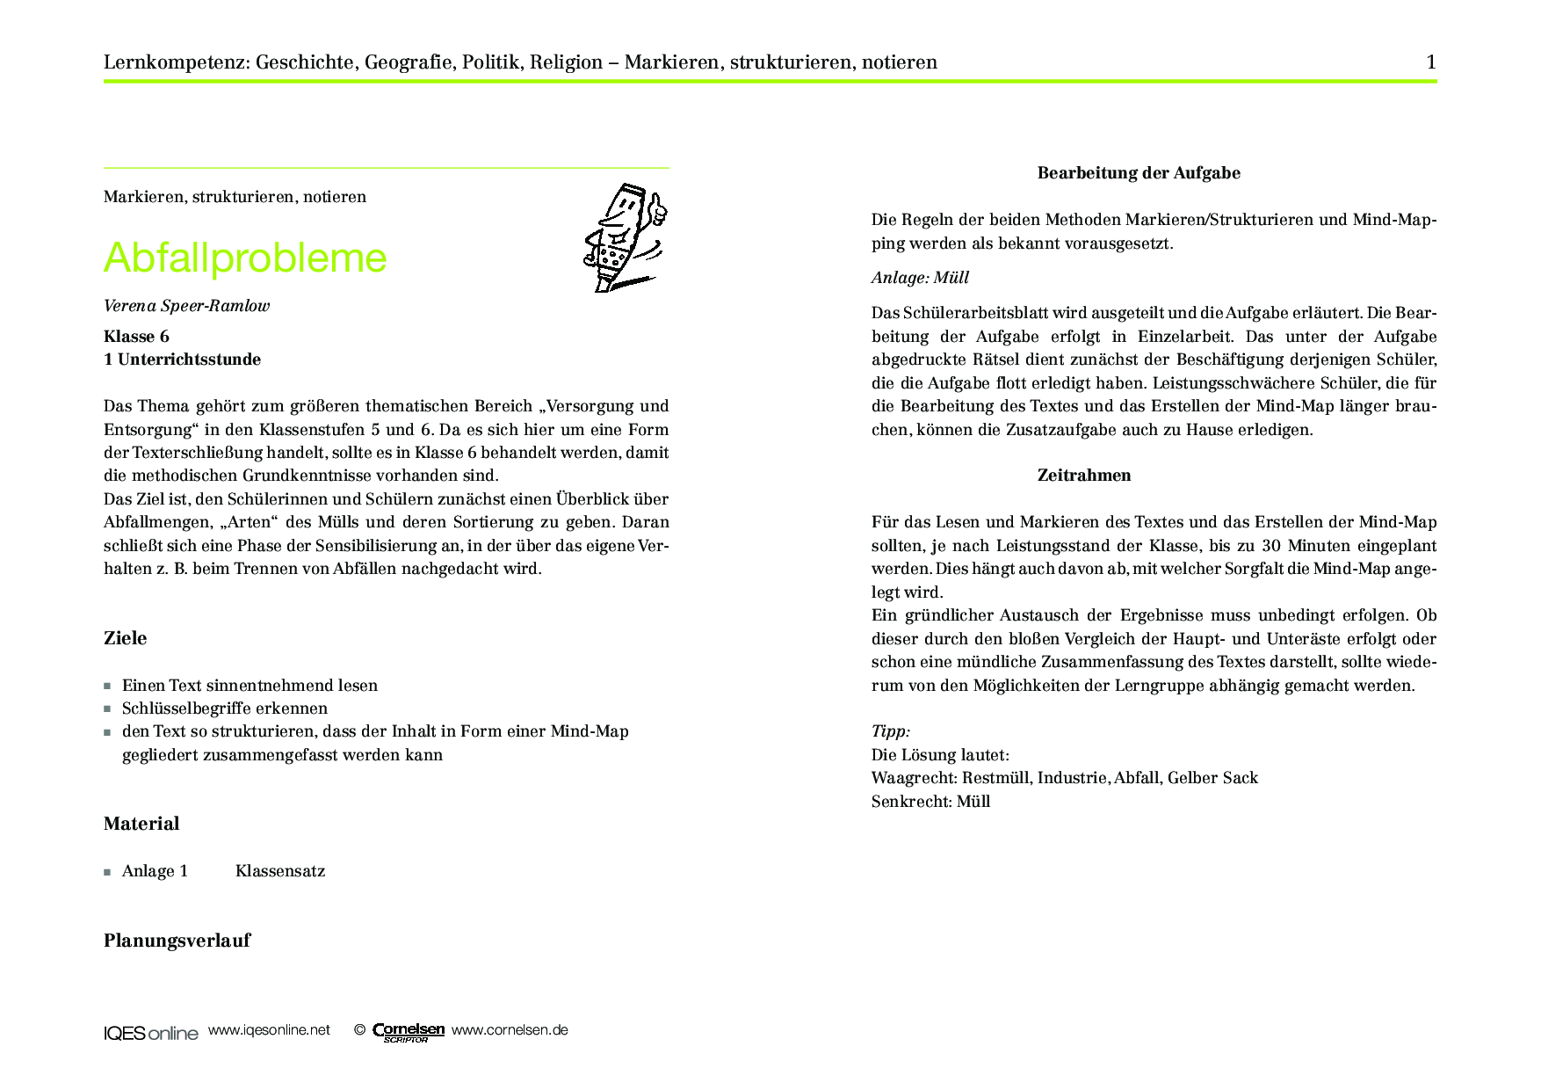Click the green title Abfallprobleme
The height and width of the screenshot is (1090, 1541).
pos(245,258)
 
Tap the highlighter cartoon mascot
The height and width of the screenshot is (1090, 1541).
pos(625,237)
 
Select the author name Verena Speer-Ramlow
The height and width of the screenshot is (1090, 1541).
pos(186,306)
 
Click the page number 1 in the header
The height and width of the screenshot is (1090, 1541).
pos(1430,62)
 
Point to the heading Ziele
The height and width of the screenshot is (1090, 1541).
pos(126,638)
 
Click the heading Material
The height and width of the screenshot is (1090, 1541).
pos(141,824)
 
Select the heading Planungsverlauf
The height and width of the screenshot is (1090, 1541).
pos(177,941)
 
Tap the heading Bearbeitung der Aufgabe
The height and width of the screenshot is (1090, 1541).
pos(1139,173)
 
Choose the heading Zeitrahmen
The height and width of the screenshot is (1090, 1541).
pos(1084,476)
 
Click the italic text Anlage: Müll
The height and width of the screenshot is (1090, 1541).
pos(920,278)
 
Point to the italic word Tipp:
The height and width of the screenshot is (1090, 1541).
pos(891,731)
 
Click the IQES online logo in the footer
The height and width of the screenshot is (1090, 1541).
pos(151,1033)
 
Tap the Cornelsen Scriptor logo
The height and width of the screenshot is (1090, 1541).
pos(409,1032)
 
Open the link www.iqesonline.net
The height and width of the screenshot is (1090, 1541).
pos(269,1030)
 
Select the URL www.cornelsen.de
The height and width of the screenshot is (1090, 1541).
pos(510,1030)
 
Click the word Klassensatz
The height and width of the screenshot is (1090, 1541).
pos(280,871)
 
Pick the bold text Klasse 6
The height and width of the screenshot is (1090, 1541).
pos(136,337)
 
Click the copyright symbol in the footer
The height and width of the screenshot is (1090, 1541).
pos(359,1030)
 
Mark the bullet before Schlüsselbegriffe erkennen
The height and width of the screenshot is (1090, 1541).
pos(107,708)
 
